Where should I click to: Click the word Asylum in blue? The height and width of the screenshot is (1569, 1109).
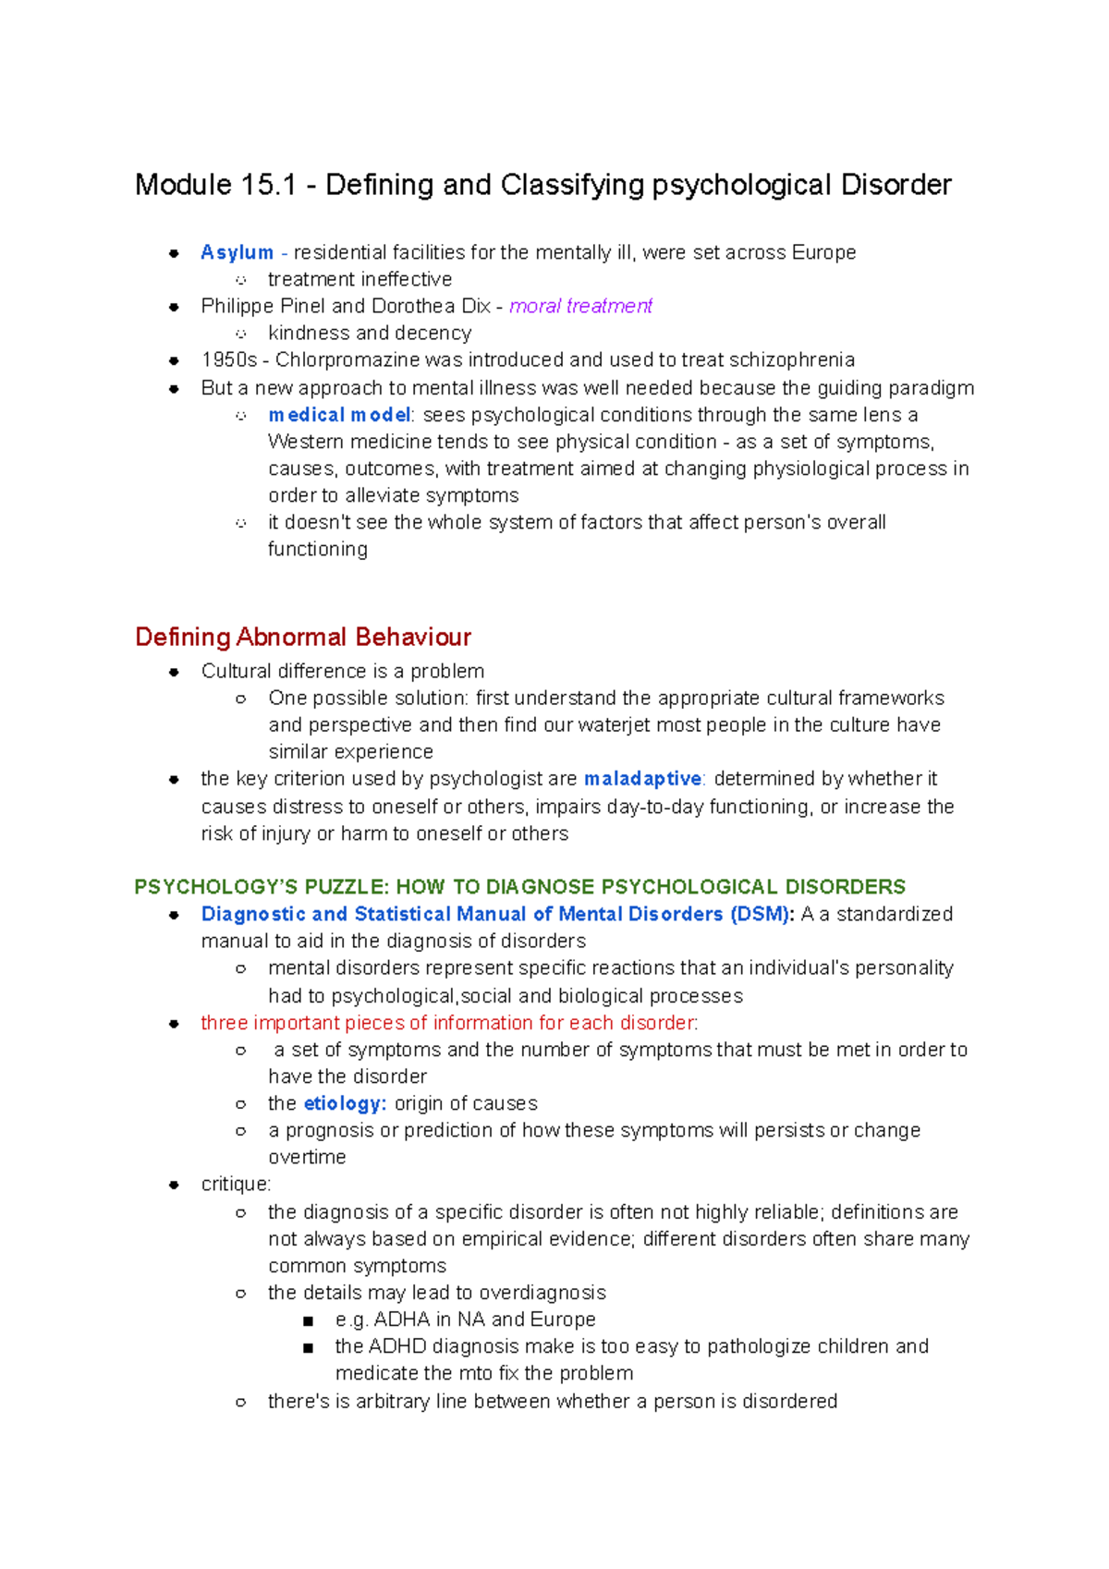tap(237, 252)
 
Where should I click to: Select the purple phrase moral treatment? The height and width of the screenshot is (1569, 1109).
tap(580, 306)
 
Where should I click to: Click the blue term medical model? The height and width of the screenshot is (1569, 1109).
tap(339, 415)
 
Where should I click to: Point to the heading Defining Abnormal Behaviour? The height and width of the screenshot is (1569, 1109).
tap(303, 637)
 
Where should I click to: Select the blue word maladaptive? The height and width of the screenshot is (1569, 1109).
tap(643, 779)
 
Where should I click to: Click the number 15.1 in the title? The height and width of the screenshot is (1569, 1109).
tap(268, 185)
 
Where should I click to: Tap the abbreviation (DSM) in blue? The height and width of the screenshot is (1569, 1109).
tap(761, 914)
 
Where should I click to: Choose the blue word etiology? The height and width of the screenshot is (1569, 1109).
tap(345, 1103)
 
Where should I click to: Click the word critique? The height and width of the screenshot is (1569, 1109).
tap(236, 1185)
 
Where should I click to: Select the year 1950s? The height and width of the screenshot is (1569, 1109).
tap(228, 359)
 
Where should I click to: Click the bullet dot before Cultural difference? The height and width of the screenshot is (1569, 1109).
tap(174, 672)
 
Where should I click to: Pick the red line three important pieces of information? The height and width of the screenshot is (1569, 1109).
tap(449, 1023)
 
